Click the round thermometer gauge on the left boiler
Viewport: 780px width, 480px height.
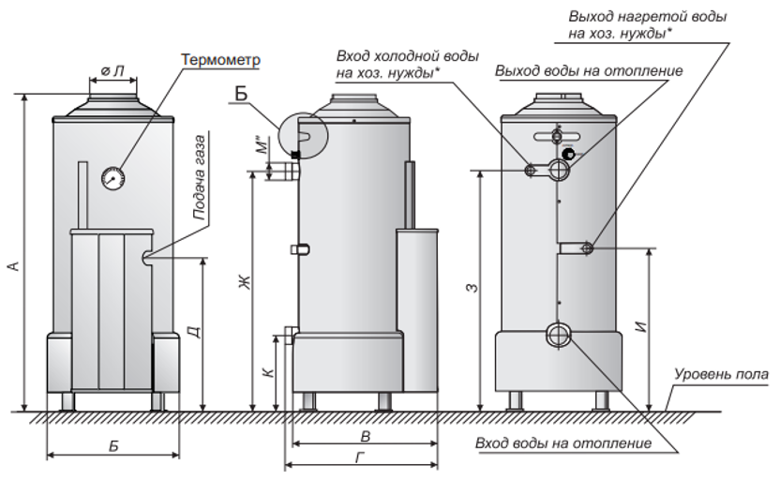pos(112,175)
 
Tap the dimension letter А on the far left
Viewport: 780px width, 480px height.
pos(13,266)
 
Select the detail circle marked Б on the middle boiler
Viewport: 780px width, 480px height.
pos(302,135)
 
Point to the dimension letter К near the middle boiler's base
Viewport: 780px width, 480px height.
pos(268,372)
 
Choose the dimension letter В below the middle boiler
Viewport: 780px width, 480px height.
pos(365,436)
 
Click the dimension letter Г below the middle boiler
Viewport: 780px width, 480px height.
pos(361,457)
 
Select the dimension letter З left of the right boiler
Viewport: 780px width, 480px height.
pos(471,287)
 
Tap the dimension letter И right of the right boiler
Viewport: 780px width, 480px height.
pos(640,328)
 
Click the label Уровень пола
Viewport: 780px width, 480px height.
pos(721,375)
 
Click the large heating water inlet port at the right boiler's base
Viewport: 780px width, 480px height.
pos(559,336)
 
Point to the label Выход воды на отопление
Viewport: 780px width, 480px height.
pos(589,71)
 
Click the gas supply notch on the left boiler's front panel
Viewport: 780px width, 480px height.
pos(146,256)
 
